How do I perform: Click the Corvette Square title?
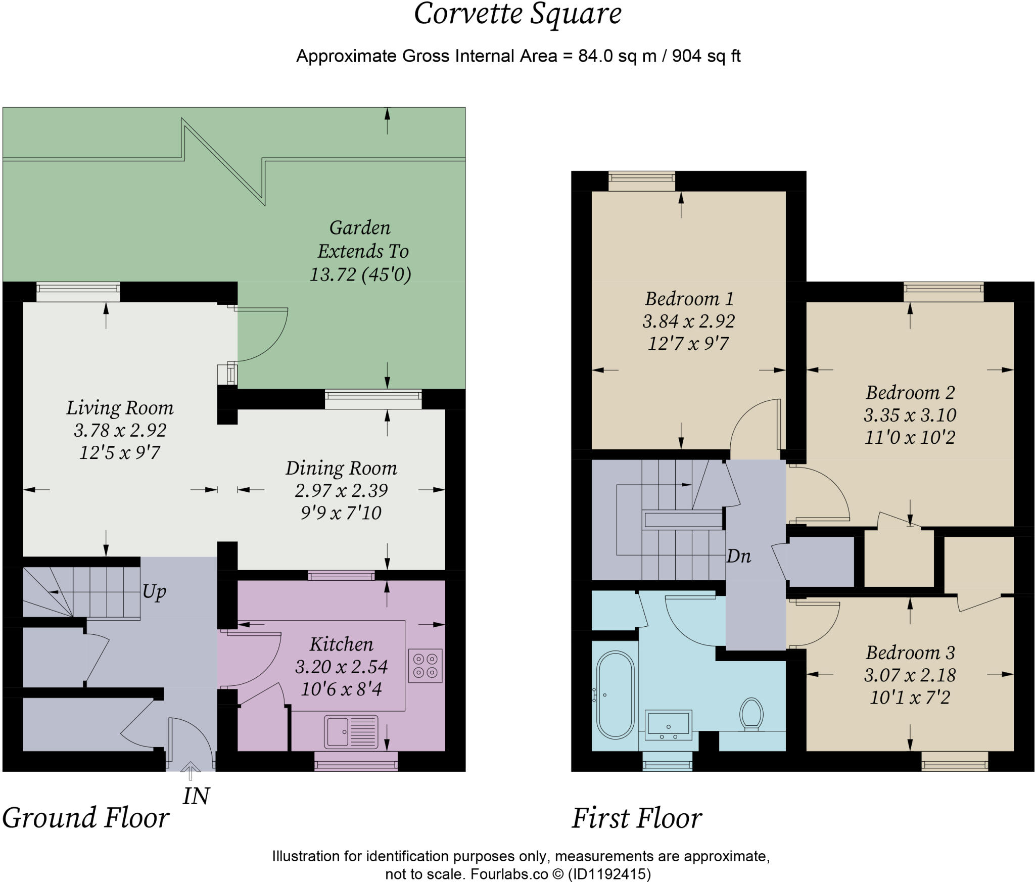tap(517, 14)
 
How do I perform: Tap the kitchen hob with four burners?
tap(425, 666)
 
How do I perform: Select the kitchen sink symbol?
tap(351, 731)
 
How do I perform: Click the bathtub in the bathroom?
tap(615, 695)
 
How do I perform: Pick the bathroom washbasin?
tap(669, 725)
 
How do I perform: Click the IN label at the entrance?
tap(196, 797)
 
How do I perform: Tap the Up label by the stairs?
tap(154, 591)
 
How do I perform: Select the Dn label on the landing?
tap(738, 556)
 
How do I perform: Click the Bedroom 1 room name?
tap(689, 299)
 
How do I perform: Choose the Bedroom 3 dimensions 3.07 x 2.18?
tap(910, 675)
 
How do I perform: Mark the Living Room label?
tap(120, 407)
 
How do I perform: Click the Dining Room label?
tap(341, 468)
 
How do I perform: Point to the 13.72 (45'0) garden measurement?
tap(360, 274)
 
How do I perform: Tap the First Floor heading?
tap(636, 818)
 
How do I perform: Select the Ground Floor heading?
tap(85, 818)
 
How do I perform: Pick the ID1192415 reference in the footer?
tap(609, 874)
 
